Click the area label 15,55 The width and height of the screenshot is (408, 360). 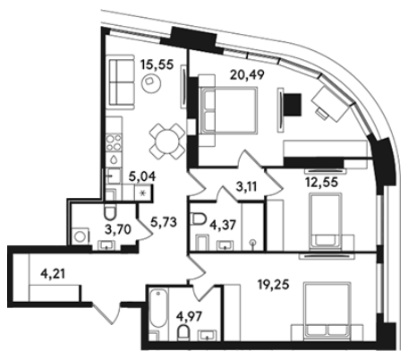click(157, 64)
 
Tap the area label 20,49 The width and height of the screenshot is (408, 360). click(247, 74)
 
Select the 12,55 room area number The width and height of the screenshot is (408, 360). click(321, 182)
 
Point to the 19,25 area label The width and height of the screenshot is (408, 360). click(273, 285)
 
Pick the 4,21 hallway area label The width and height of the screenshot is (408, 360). click(54, 273)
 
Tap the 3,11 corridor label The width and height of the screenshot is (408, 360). click(246, 187)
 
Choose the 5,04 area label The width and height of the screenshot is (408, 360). click(142, 176)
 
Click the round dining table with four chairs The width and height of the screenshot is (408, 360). click(167, 141)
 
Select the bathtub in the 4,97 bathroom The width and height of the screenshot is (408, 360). click(158, 308)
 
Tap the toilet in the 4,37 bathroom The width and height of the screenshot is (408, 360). click(199, 219)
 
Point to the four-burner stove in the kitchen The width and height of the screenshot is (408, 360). click(114, 142)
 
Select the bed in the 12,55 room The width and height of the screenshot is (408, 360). click(326, 222)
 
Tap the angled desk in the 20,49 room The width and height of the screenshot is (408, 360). click(330, 103)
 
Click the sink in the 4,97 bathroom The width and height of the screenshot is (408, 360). click(208, 335)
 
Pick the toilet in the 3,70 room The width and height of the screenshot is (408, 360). click(110, 211)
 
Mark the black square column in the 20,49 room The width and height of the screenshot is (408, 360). click(292, 105)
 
